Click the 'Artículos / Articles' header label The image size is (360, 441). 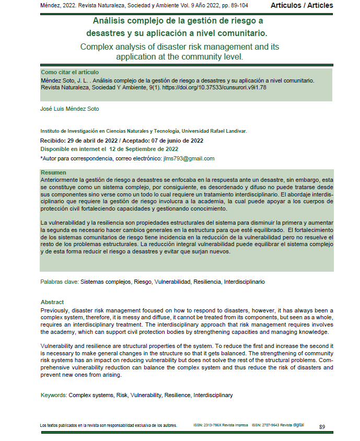[301, 5]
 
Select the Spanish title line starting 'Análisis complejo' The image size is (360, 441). [178, 21]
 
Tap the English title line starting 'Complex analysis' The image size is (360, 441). [180, 47]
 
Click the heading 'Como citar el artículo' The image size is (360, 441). [69, 72]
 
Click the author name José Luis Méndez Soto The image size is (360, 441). [69, 109]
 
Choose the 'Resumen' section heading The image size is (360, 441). [53, 172]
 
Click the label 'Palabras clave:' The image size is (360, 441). [60, 282]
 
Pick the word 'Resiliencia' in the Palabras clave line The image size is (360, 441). [207, 282]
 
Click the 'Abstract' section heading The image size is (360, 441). [52, 302]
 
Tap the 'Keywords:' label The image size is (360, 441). [54, 395]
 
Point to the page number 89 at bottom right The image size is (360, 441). [322, 427]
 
